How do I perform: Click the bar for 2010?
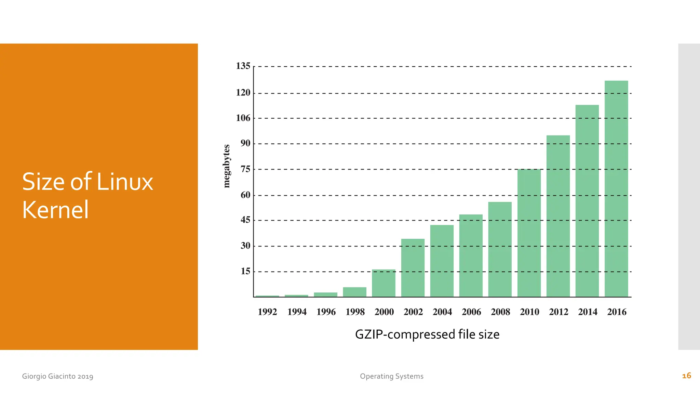(x=529, y=233)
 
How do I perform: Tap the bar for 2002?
(x=413, y=268)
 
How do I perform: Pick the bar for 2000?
(x=383, y=283)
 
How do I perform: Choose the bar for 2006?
(x=471, y=255)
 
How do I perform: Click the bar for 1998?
(x=354, y=292)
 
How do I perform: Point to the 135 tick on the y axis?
(x=243, y=66)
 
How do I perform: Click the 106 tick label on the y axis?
(x=243, y=118)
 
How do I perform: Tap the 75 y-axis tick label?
(x=245, y=169)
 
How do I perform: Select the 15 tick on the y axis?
(x=245, y=272)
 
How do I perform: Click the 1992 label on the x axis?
(x=267, y=312)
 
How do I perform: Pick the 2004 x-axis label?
(x=442, y=312)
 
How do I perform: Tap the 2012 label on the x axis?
(x=558, y=312)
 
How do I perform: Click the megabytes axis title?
(x=226, y=166)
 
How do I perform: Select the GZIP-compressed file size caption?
(x=427, y=334)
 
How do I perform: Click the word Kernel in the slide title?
(x=55, y=210)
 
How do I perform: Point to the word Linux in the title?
(x=125, y=182)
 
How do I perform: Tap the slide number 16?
(x=686, y=376)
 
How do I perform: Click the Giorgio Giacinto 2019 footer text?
(x=57, y=376)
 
